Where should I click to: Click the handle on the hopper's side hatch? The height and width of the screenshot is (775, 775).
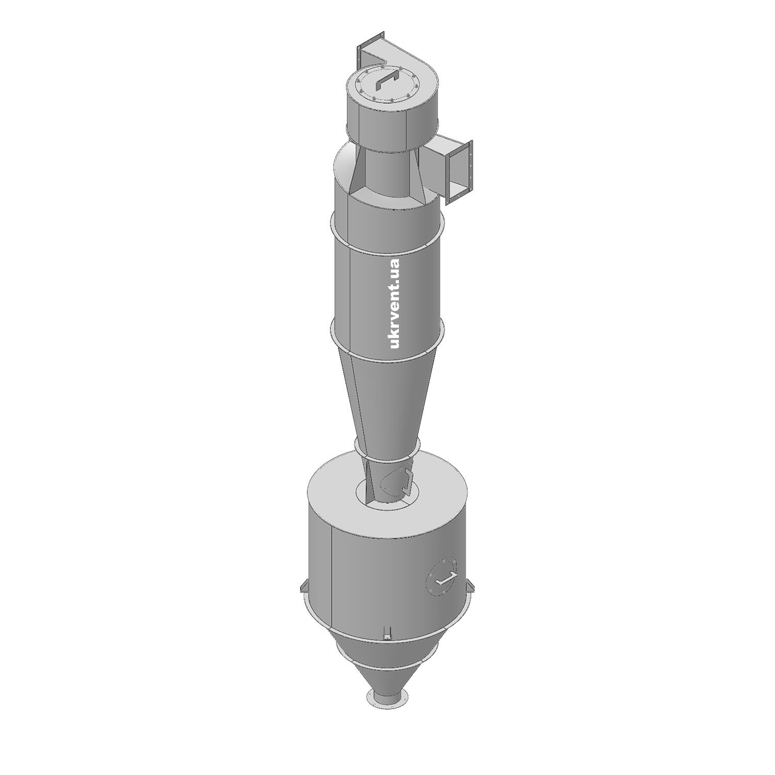point(445,579)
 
